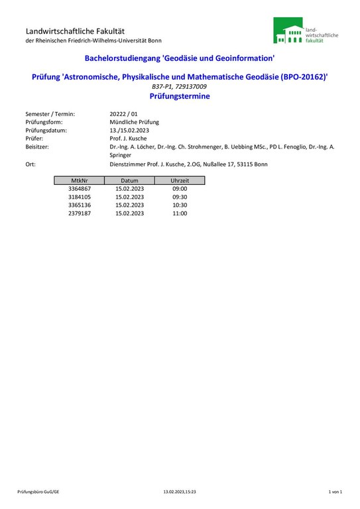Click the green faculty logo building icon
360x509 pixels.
coord(288,32)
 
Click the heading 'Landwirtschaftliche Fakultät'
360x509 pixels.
coord(75,31)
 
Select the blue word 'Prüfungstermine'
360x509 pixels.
coord(180,96)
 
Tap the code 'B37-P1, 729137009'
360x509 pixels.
coord(179,87)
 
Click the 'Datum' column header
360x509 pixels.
coord(129,180)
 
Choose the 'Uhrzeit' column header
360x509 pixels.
coord(180,180)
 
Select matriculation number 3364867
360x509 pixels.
coord(80,189)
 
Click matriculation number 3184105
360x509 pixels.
coord(80,197)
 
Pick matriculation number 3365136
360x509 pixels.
coord(80,205)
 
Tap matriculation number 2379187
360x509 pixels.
coord(80,213)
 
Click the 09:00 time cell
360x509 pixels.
coord(180,189)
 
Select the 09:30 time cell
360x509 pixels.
coord(180,197)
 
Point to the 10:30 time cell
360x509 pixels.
coord(180,205)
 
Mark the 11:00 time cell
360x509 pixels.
coord(180,213)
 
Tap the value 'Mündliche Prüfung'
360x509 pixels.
coord(134,122)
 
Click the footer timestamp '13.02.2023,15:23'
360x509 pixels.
coord(180,492)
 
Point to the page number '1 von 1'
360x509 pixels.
coord(335,492)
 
